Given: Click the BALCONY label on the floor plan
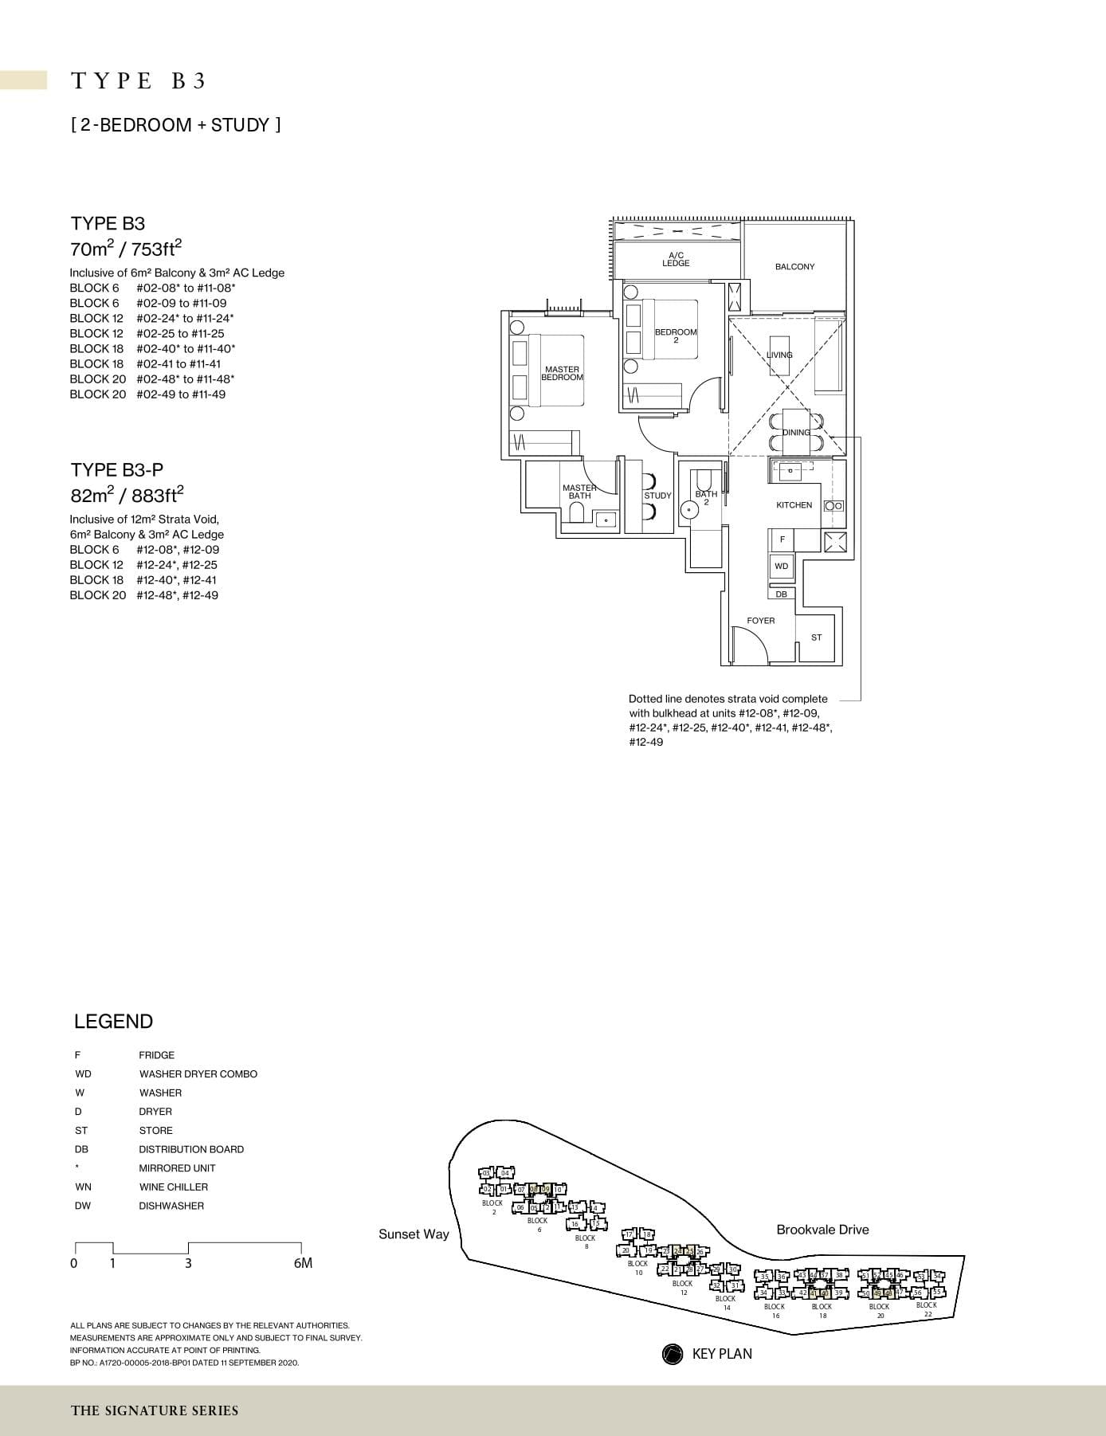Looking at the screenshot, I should pyautogui.click(x=794, y=267).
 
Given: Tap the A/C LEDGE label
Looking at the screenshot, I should pyautogui.click(x=676, y=259).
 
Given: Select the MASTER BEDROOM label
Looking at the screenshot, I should pyautogui.click(x=562, y=373).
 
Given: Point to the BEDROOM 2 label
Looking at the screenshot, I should pyautogui.click(x=676, y=335).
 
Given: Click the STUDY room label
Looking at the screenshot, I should pyautogui.click(x=657, y=496).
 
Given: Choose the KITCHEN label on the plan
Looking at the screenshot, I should pyautogui.click(x=794, y=505).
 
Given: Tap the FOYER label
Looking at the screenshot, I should pyautogui.click(x=760, y=621).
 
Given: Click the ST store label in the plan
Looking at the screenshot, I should pyautogui.click(x=816, y=638).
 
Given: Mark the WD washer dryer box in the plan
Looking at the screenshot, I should pyautogui.click(x=781, y=567).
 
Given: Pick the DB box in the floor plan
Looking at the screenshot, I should pyautogui.click(x=781, y=594).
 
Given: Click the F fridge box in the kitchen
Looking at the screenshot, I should pyautogui.click(x=782, y=539).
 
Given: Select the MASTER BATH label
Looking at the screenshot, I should pyautogui.click(x=579, y=492).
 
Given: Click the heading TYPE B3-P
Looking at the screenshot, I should pyautogui.click(x=116, y=470).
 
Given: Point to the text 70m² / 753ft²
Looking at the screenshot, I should pyautogui.click(x=127, y=249).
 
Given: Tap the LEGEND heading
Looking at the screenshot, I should pyautogui.click(x=113, y=1022).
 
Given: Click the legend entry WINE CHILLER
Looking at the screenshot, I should pyautogui.click(x=173, y=1187).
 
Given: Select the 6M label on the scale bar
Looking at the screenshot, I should pyautogui.click(x=303, y=1263).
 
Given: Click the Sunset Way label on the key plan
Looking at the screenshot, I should pyautogui.click(x=414, y=1234).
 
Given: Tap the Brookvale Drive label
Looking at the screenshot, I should pyautogui.click(x=822, y=1230).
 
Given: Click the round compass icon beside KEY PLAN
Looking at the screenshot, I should pyautogui.click(x=673, y=1354).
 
